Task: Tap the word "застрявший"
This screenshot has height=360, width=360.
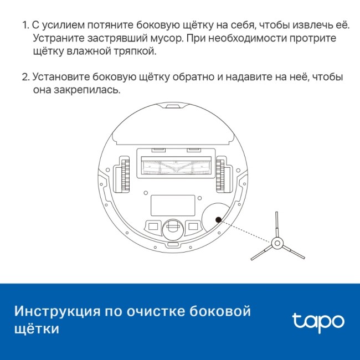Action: tap(106, 39)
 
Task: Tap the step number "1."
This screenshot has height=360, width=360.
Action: tap(25, 27)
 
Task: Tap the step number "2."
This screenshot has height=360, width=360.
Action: tap(25, 77)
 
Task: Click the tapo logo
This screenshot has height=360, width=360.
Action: tap(317, 320)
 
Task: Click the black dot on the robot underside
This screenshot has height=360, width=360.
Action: tap(218, 219)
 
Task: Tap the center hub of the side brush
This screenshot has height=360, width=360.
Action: tap(276, 243)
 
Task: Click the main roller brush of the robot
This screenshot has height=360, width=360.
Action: tap(173, 166)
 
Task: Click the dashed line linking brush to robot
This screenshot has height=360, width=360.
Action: tap(246, 231)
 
